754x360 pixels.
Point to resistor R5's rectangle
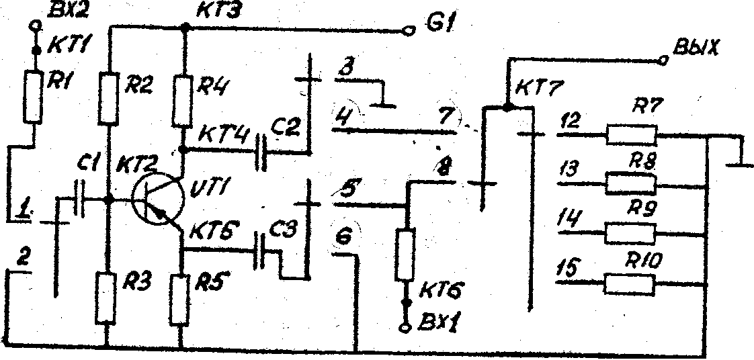point(180,298)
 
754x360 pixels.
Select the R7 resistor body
point(630,134)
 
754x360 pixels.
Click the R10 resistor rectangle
point(630,285)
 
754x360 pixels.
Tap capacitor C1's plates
point(81,199)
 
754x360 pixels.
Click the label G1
point(441,27)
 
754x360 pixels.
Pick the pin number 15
point(567,269)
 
